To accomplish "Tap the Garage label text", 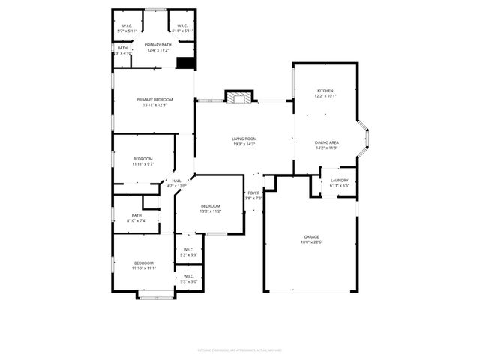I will click(311, 236).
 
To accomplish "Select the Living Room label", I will click(244, 139).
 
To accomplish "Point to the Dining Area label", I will click(327, 142).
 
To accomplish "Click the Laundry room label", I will click(339, 180).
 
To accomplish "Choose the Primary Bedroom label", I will click(154, 100).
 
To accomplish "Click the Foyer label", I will click(253, 193).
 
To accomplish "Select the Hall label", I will click(176, 181).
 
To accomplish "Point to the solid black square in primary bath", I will click(185, 63).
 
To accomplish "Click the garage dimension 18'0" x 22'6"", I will click(311, 241).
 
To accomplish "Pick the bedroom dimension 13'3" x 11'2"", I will click(210, 211).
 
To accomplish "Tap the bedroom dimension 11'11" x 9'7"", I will click(143, 163).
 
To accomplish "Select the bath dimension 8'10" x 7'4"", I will click(136, 220).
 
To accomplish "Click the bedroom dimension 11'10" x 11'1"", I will click(143, 268).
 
